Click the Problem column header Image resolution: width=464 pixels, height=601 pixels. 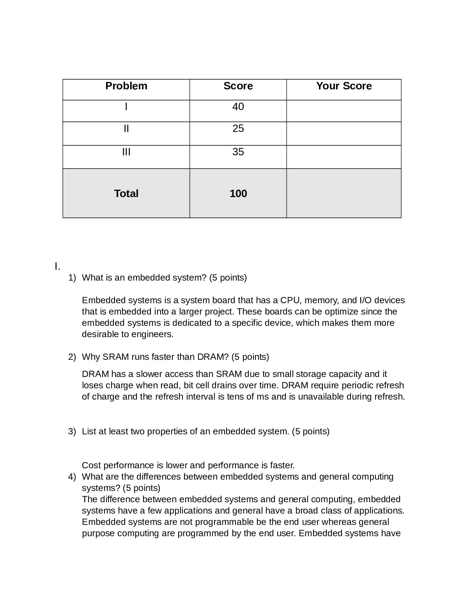pos(126,86)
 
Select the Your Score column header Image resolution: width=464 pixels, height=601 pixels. pos(344,86)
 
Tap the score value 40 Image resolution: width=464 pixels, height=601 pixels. pos(238,107)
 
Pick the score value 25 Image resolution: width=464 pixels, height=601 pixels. pos(238,128)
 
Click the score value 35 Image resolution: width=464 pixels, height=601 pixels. pos(238,152)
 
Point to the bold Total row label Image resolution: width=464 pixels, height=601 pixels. pos(126,194)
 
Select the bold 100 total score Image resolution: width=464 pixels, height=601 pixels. pos(238,194)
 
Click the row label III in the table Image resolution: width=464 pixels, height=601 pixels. pos(126,152)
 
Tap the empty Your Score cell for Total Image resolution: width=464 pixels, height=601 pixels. pos(344,194)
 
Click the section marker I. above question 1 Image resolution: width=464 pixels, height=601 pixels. pos(57,267)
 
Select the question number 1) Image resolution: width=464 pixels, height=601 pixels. pos(72,278)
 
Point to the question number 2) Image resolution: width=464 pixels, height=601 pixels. pos(72,357)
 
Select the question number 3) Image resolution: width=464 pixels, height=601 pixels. pos(72,432)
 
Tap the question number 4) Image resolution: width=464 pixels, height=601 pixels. pos(72,477)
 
